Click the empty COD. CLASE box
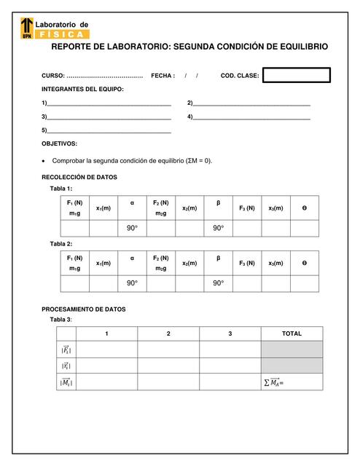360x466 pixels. (296, 76)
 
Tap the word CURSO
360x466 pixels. (52, 76)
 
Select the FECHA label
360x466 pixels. (163, 76)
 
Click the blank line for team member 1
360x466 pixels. (109, 104)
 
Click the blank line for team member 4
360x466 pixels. (251, 118)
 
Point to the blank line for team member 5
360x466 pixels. (109, 132)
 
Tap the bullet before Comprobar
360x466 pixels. (44, 161)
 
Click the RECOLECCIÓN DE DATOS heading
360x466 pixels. (79, 177)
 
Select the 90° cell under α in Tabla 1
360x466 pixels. (132, 229)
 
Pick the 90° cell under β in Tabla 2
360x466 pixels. (218, 283)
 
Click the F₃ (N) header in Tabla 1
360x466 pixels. (247, 208)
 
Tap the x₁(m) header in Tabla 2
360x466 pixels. (103, 263)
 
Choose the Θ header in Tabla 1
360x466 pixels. (304, 208)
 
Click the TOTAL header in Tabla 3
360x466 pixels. (291, 333)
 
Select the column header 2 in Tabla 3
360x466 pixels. (168, 333)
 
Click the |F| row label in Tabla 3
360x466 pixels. (66, 349)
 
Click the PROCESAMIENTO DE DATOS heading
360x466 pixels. (83, 309)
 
